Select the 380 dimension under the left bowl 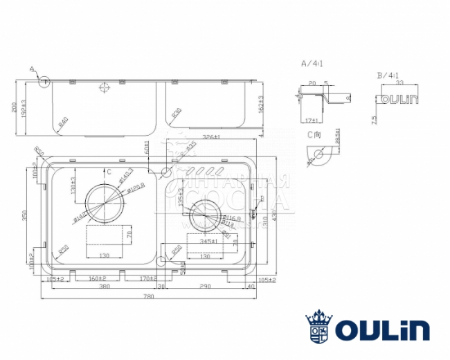pos(105,287)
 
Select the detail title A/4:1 pos(312,63)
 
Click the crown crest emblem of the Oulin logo pos(318,327)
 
